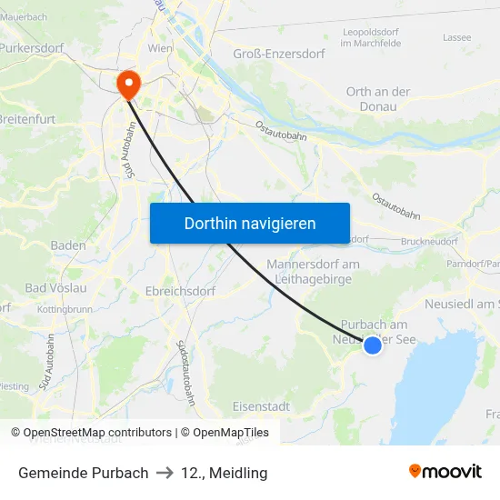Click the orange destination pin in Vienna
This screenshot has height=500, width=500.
coord(128,85)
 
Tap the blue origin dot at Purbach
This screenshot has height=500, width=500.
coord(372,345)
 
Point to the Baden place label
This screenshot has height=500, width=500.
coord(68,245)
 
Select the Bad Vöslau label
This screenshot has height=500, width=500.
coord(55,288)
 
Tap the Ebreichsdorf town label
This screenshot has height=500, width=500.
coord(180,292)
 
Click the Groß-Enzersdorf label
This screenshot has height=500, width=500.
coord(279,54)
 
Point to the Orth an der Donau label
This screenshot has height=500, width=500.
coord(378,98)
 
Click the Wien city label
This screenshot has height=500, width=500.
coord(160,47)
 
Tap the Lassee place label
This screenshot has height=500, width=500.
coord(456,37)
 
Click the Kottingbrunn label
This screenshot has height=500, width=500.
coord(66,310)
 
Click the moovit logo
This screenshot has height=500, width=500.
coord(445,472)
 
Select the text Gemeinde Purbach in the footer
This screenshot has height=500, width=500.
coord(83,473)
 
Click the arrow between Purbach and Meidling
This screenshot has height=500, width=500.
coord(165,473)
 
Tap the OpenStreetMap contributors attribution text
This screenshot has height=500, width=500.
coord(97,433)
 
